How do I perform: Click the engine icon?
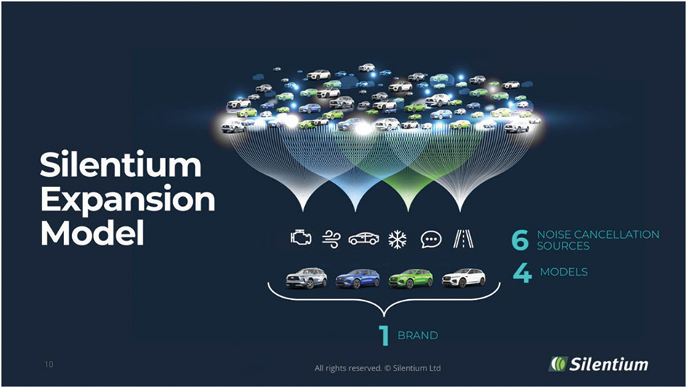(x=301, y=239)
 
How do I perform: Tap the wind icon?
(x=331, y=239)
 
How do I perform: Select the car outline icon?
(x=364, y=239)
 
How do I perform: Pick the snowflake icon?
(x=397, y=239)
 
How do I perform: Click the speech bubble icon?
(x=431, y=239)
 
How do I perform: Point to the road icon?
(x=463, y=239)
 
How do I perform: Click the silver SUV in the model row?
(x=306, y=278)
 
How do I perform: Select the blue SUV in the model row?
(x=357, y=278)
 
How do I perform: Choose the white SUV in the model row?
(x=464, y=278)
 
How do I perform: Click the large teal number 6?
(x=520, y=239)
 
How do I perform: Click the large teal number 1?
(x=384, y=336)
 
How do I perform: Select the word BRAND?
(x=418, y=336)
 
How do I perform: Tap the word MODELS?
(x=564, y=272)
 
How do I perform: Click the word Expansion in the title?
(x=127, y=199)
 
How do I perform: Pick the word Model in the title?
(x=92, y=232)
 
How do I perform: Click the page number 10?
(x=49, y=364)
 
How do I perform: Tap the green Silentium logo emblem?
(x=557, y=364)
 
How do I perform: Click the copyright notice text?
(x=378, y=368)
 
